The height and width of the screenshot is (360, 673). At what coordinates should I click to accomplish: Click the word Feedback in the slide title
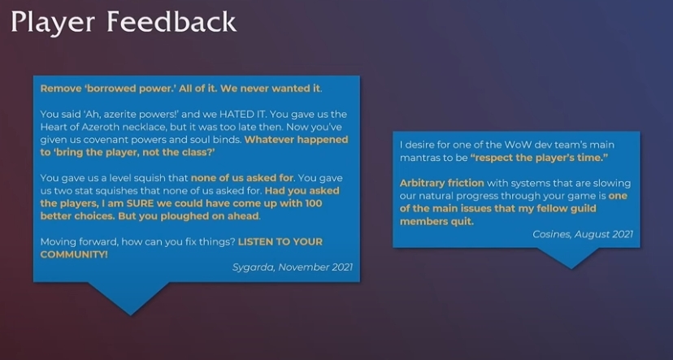(x=172, y=21)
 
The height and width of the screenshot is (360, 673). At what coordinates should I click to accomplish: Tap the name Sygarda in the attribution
(x=254, y=267)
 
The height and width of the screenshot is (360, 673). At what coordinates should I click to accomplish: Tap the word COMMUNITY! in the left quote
(x=74, y=254)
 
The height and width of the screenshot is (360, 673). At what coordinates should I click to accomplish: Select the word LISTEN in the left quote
(x=256, y=241)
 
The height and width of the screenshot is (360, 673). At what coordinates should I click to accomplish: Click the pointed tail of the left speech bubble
(x=130, y=314)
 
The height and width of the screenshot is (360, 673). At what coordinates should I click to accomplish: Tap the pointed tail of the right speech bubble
(x=571, y=268)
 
